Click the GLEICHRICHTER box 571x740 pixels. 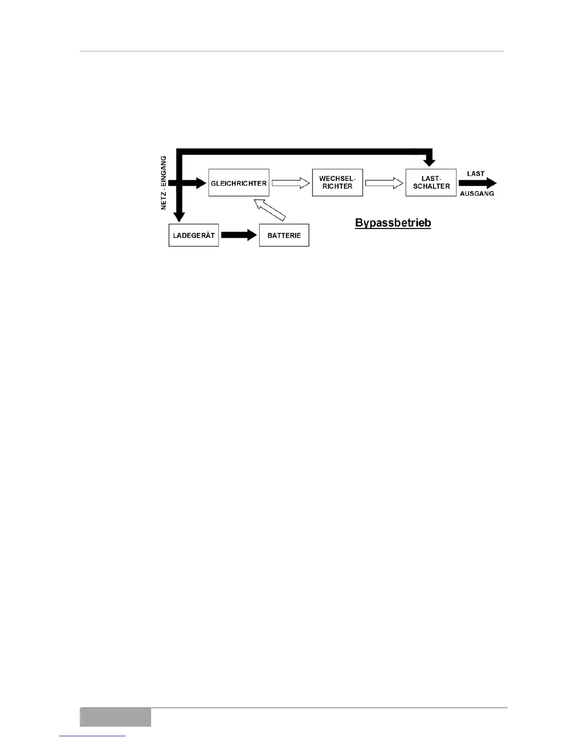[238, 183]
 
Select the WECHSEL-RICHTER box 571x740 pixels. [337, 183]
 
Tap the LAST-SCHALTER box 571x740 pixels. [431, 183]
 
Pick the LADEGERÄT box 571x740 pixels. [194, 235]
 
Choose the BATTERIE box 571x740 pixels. [284, 235]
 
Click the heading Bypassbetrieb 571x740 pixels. [393, 223]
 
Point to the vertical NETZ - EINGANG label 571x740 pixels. [164, 183]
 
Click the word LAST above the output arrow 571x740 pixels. [475, 173]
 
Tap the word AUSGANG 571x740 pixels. [477, 193]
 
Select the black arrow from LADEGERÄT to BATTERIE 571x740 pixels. [239, 235]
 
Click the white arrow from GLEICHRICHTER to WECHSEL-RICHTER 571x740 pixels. [291, 183]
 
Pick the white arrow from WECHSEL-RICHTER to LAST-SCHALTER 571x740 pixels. [384, 183]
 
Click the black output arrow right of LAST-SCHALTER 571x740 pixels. [477, 184]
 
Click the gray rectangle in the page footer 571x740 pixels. [115, 717]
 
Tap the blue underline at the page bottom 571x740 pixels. [92, 736]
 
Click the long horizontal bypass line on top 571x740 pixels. [303, 151]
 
